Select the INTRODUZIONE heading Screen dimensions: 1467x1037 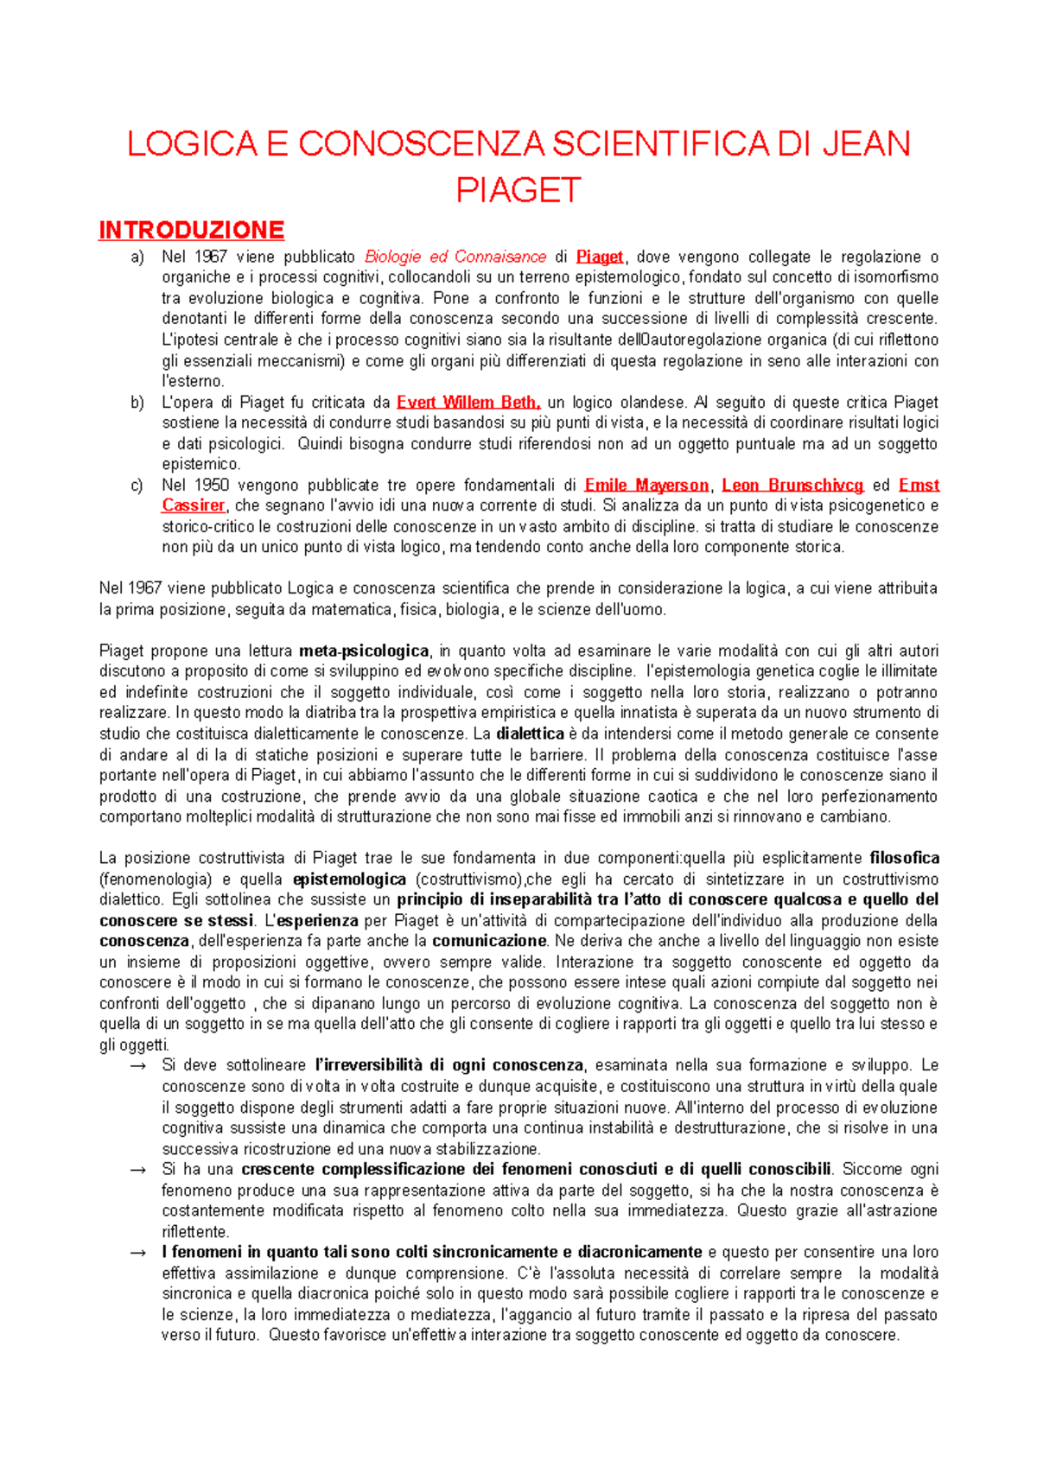[x=191, y=231]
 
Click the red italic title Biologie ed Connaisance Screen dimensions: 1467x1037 [x=455, y=257]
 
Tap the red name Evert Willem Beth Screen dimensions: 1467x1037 [x=468, y=403]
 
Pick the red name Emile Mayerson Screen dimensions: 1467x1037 [x=646, y=486]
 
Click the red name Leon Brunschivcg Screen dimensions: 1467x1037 [x=792, y=486]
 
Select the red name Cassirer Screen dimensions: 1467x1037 [x=193, y=506]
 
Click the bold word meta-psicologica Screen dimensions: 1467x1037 [x=364, y=651]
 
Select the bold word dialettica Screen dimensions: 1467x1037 [x=530, y=734]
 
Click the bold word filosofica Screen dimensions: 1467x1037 [x=904, y=859]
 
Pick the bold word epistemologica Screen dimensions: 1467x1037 [x=349, y=880]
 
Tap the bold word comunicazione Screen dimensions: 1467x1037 [x=489, y=942]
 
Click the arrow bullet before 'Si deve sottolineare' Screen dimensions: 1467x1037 [x=137, y=1066]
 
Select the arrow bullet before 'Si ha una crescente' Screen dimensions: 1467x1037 [x=137, y=1170]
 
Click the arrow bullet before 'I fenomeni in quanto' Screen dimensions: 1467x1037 [x=137, y=1253]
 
